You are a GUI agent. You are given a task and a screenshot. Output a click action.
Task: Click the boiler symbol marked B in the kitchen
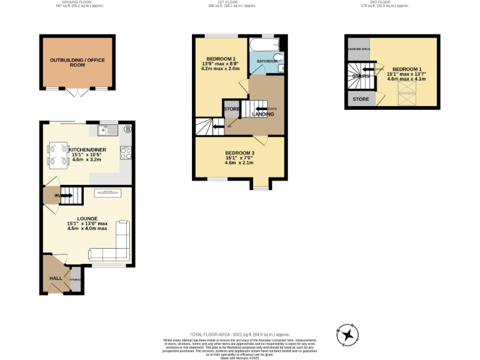click(128, 129)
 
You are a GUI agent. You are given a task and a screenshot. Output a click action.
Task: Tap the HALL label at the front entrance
click(56, 278)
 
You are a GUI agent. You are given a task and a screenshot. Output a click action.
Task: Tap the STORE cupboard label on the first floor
click(231, 109)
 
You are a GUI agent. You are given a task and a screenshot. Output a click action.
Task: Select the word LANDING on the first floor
click(262, 114)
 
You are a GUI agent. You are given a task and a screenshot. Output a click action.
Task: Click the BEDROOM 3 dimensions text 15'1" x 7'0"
click(240, 158)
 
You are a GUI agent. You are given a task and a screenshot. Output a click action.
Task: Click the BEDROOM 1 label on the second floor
click(406, 69)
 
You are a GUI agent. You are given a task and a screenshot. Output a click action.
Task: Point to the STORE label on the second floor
click(360, 99)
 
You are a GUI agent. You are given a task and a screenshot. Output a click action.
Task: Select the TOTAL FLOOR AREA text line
click(240, 334)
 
